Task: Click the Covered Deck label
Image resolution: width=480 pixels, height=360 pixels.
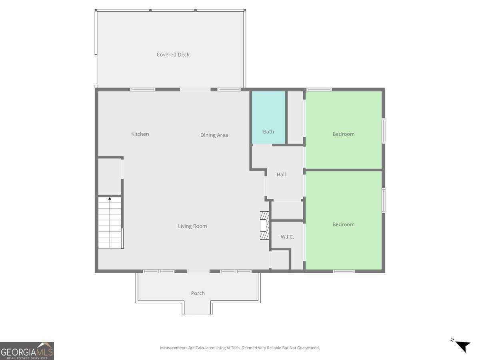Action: (x=173, y=55)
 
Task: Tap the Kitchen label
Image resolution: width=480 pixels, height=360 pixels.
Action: (x=140, y=134)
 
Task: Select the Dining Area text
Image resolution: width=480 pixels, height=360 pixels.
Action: (x=214, y=135)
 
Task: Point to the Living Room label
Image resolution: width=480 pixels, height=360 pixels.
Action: (x=192, y=226)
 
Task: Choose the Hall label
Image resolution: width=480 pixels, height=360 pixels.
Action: (x=281, y=174)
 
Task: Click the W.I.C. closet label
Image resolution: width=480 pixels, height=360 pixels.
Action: (x=287, y=237)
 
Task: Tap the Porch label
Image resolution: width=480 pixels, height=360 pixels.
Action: (x=198, y=293)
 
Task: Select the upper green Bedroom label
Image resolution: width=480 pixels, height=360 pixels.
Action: (x=343, y=134)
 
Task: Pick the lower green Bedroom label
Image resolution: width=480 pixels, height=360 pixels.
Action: (x=343, y=224)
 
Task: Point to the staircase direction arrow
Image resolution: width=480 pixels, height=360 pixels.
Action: (x=110, y=198)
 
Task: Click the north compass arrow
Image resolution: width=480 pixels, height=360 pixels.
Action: (x=462, y=345)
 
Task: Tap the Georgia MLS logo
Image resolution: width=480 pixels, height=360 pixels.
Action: (x=27, y=351)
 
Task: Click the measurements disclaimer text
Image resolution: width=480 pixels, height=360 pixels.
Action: (x=240, y=348)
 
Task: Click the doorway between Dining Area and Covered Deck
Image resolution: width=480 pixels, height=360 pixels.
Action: (x=195, y=90)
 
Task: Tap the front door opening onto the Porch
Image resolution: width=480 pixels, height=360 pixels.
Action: (x=198, y=271)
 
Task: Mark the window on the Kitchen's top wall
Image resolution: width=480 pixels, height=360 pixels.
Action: (x=143, y=90)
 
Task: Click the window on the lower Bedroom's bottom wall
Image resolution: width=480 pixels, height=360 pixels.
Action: (x=344, y=271)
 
